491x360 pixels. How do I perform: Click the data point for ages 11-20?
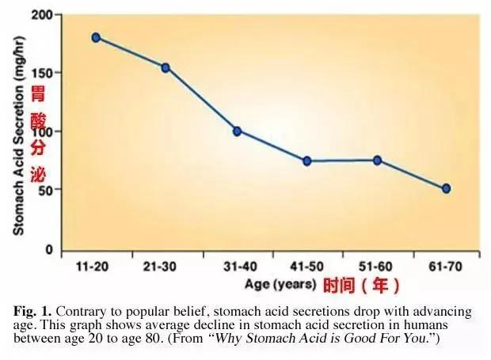[x=96, y=37]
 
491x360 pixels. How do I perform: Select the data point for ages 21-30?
[x=166, y=67]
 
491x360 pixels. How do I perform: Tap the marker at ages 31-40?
[x=237, y=131]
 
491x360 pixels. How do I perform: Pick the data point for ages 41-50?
[x=306, y=161]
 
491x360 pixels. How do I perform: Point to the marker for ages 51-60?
[x=377, y=160]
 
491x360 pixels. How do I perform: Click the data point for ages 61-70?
[x=447, y=188]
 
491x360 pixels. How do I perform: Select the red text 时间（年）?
[x=361, y=284]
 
